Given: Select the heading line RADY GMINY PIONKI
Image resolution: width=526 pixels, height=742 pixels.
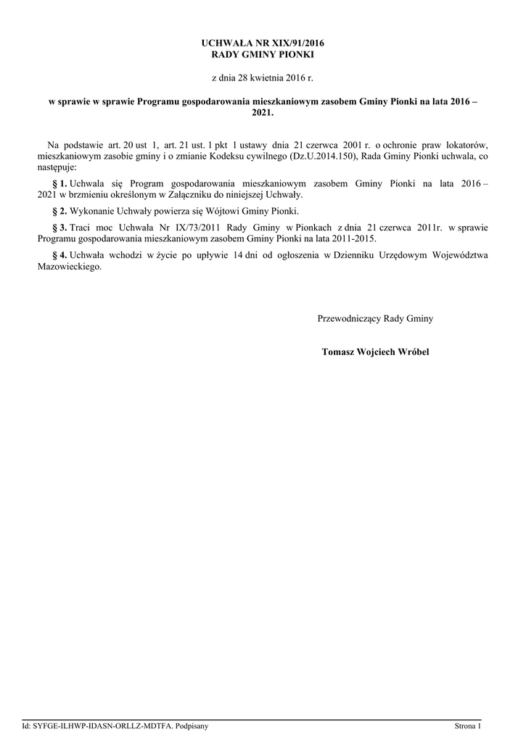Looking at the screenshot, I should click(263, 54).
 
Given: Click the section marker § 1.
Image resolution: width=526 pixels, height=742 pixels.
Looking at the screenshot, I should click(60, 185).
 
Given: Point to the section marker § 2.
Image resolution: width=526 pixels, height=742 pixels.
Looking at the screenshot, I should click(60, 211).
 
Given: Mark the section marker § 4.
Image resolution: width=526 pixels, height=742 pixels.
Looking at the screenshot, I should click(60, 254).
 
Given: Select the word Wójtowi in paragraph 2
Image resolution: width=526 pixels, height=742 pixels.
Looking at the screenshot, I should click(212, 211).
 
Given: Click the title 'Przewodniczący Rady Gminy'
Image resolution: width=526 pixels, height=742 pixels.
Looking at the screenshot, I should click(375, 319).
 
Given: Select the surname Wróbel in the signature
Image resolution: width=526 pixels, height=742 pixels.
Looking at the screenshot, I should click(412, 352).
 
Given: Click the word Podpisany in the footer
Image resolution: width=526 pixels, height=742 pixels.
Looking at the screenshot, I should click(192, 726).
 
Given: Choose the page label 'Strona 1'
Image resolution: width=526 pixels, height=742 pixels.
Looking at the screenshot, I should click(468, 726).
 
